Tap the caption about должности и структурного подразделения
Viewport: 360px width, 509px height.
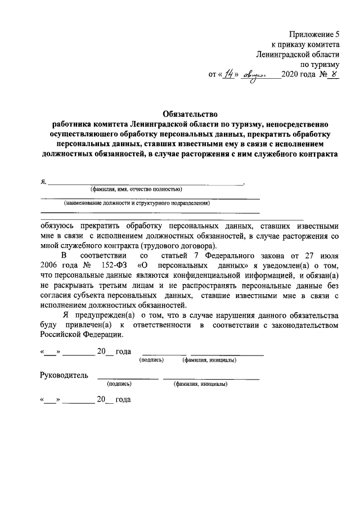137,203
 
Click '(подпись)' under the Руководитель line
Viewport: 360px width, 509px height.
119,385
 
